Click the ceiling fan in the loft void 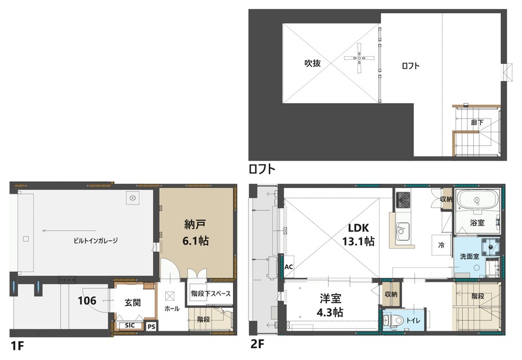tap(360, 59)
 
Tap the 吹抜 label tap(313, 63)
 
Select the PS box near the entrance tap(151, 326)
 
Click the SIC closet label tap(130, 325)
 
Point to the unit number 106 tap(87, 301)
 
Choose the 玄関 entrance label tap(132, 303)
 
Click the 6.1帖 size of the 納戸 tap(195, 241)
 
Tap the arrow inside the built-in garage tap(69, 231)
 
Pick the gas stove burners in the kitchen tap(403, 200)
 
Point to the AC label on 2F tap(288, 267)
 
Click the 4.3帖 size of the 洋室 tap(330, 312)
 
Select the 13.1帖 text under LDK tap(358, 241)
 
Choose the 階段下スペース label tap(211, 293)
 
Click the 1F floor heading tap(18, 346)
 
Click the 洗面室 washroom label tap(469, 256)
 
